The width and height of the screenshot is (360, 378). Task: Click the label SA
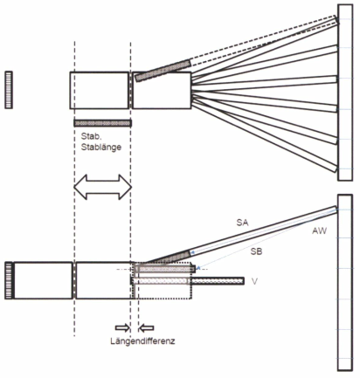point(242,223)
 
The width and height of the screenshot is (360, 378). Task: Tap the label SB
point(256,251)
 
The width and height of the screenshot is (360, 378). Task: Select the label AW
point(320,231)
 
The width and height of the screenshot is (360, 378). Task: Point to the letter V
point(254,281)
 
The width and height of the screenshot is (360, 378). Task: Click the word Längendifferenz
point(142,340)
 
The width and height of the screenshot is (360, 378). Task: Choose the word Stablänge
point(101,147)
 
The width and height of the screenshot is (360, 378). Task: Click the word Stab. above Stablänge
point(90,136)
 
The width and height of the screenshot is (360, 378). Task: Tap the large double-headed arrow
point(103,187)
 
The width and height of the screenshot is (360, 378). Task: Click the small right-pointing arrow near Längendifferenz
point(122,328)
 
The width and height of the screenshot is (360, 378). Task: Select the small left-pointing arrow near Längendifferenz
point(146,328)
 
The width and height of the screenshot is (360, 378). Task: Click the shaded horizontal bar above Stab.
point(102,123)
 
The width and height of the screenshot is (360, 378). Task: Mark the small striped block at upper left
point(9,90)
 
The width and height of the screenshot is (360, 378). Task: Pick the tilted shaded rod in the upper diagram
point(163,71)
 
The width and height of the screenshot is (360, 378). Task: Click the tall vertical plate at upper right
point(345,93)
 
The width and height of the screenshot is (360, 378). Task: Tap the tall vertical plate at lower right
point(345,282)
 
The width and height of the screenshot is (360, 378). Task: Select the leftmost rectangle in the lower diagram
point(43,280)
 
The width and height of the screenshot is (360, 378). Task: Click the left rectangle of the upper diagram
point(99,90)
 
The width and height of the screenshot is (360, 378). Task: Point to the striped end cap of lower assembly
point(9,280)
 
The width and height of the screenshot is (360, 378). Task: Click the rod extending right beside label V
point(217,281)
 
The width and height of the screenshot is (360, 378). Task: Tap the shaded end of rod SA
point(168,258)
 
